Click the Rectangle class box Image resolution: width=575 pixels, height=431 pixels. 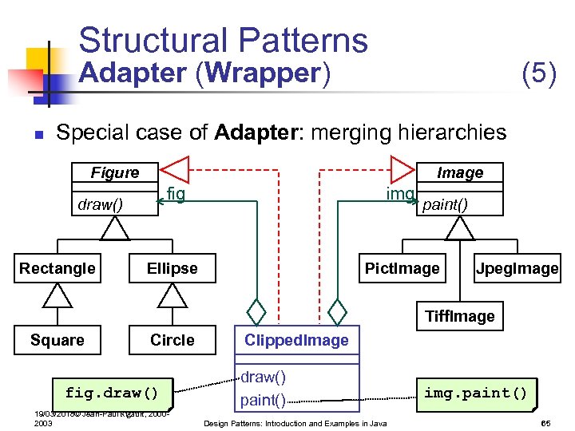(57, 269)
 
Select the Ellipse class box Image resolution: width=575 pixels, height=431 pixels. (172, 269)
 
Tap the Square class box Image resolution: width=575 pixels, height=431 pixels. (57, 341)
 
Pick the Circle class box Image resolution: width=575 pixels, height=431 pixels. (172, 341)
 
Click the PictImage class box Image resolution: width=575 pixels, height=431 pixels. (402, 269)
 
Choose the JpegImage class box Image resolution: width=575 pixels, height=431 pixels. (517, 269)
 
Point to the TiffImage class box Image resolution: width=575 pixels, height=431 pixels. (459, 317)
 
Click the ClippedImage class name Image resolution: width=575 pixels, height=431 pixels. (296, 341)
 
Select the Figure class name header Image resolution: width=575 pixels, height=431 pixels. (114, 173)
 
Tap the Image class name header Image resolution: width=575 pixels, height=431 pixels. (460, 173)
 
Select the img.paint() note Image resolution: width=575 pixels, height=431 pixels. (475, 393)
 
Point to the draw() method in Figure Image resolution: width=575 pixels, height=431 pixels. (100, 204)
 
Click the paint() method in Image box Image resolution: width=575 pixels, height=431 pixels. (445, 204)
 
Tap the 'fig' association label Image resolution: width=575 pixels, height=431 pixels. (176, 193)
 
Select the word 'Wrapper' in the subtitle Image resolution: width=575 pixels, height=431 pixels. (262, 73)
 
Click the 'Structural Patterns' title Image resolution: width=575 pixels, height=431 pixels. (223, 40)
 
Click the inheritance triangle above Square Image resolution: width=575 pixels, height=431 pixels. (57, 296)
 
